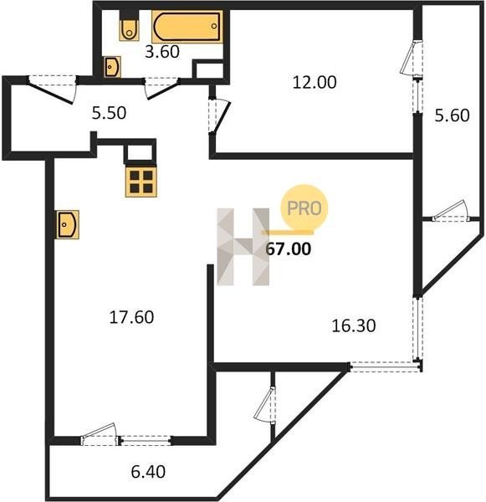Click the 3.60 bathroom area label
(162, 52)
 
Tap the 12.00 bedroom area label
(315, 82)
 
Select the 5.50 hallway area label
(109, 113)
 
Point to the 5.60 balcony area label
(452, 115)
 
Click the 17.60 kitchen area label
(131, 317)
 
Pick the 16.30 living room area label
(354, 326)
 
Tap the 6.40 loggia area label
(148, 472)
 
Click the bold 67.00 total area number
(288, 248)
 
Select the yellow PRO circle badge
(304, 208)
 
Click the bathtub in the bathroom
(187, 27)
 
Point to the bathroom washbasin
(112, 67)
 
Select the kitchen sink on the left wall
(68, 224)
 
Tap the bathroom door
(161, 89)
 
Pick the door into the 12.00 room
(219, 115)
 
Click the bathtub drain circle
(214, 26)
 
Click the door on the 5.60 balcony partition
(451, 212)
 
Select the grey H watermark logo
(243, 247)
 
